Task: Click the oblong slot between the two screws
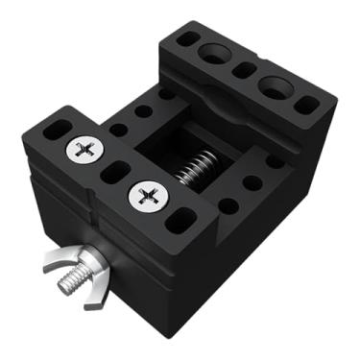point(115,174)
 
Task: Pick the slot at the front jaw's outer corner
point(57,128)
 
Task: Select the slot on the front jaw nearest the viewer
point(178,222)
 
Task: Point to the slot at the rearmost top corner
point(188,39)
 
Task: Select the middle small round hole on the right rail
point(252,181)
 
